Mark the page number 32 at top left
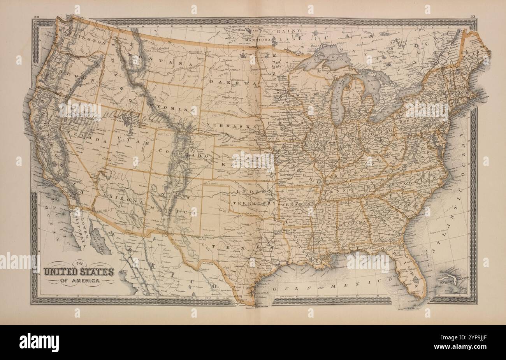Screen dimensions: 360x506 pos(37,17)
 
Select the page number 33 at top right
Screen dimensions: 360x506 pos(473,16)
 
